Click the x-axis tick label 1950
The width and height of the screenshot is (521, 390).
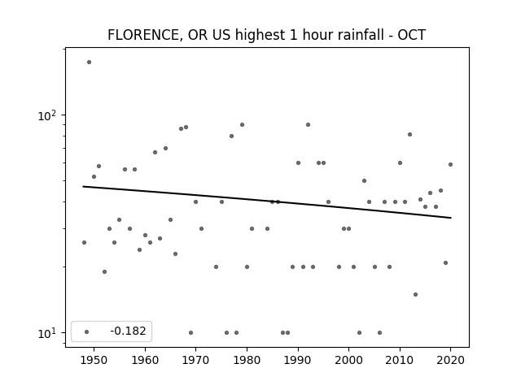click(94, 360)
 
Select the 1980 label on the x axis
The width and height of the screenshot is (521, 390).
click(247, 360)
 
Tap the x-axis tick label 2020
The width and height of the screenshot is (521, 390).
click(450, 360)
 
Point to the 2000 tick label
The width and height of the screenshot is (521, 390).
click(348, 360)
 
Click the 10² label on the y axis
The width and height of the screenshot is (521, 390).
click(47, 115)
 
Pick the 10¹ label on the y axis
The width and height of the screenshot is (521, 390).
click(47, 333)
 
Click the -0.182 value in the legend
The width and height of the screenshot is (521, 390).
click(128, 331)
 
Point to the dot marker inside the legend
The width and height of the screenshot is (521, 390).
click(87, 331)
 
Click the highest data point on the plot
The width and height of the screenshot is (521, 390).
click(89, 62)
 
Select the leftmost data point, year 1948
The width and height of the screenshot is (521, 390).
click(84, 242)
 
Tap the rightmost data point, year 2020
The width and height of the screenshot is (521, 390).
click(450, 164)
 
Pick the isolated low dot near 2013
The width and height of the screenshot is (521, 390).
click(415, 294)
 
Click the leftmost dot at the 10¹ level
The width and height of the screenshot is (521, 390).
click(190, 332)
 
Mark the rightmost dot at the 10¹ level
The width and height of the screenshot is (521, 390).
click(379, 332)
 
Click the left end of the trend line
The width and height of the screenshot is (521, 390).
click(83, 186)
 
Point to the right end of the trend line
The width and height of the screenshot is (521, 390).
click(451, 218)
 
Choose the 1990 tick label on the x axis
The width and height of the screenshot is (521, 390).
click(298, 360)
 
